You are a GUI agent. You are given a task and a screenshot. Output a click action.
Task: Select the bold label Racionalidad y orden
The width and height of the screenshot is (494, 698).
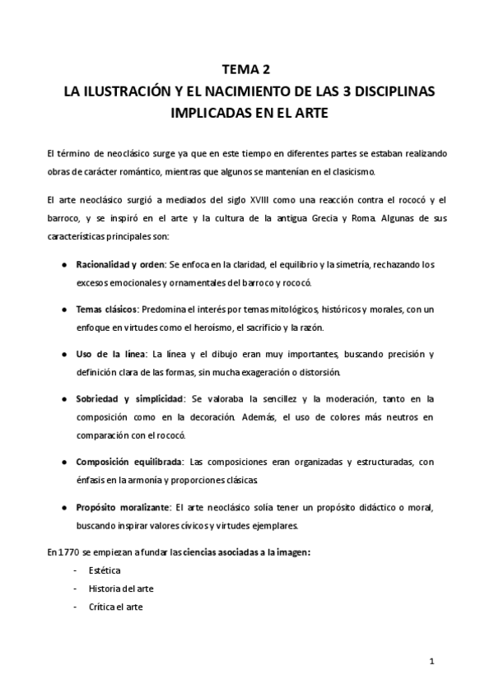click(120, 264)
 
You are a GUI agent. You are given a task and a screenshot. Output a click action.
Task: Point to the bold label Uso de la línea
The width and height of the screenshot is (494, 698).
click(110, 354)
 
